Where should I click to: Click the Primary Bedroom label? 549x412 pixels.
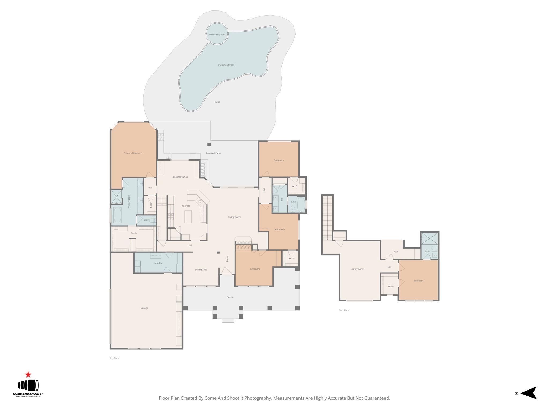133,153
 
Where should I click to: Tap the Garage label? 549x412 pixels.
144,308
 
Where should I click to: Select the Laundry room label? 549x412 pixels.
158,263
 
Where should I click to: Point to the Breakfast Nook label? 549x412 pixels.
180,177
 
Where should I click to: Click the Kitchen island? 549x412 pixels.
188,216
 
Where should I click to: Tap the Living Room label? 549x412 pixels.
235,217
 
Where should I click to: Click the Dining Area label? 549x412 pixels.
201,270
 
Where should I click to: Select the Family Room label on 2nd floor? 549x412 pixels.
357,269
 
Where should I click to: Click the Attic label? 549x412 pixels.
396,252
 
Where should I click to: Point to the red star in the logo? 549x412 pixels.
28,375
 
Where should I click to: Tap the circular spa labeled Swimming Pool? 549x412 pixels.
217,34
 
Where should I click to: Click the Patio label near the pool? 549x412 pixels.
217,102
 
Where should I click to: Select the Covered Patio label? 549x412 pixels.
213,153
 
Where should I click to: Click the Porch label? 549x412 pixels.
230,297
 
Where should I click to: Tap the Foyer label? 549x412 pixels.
227,259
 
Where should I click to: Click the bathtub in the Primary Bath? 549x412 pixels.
117,215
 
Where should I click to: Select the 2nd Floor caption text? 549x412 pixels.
344,310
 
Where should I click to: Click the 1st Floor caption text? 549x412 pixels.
114,358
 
